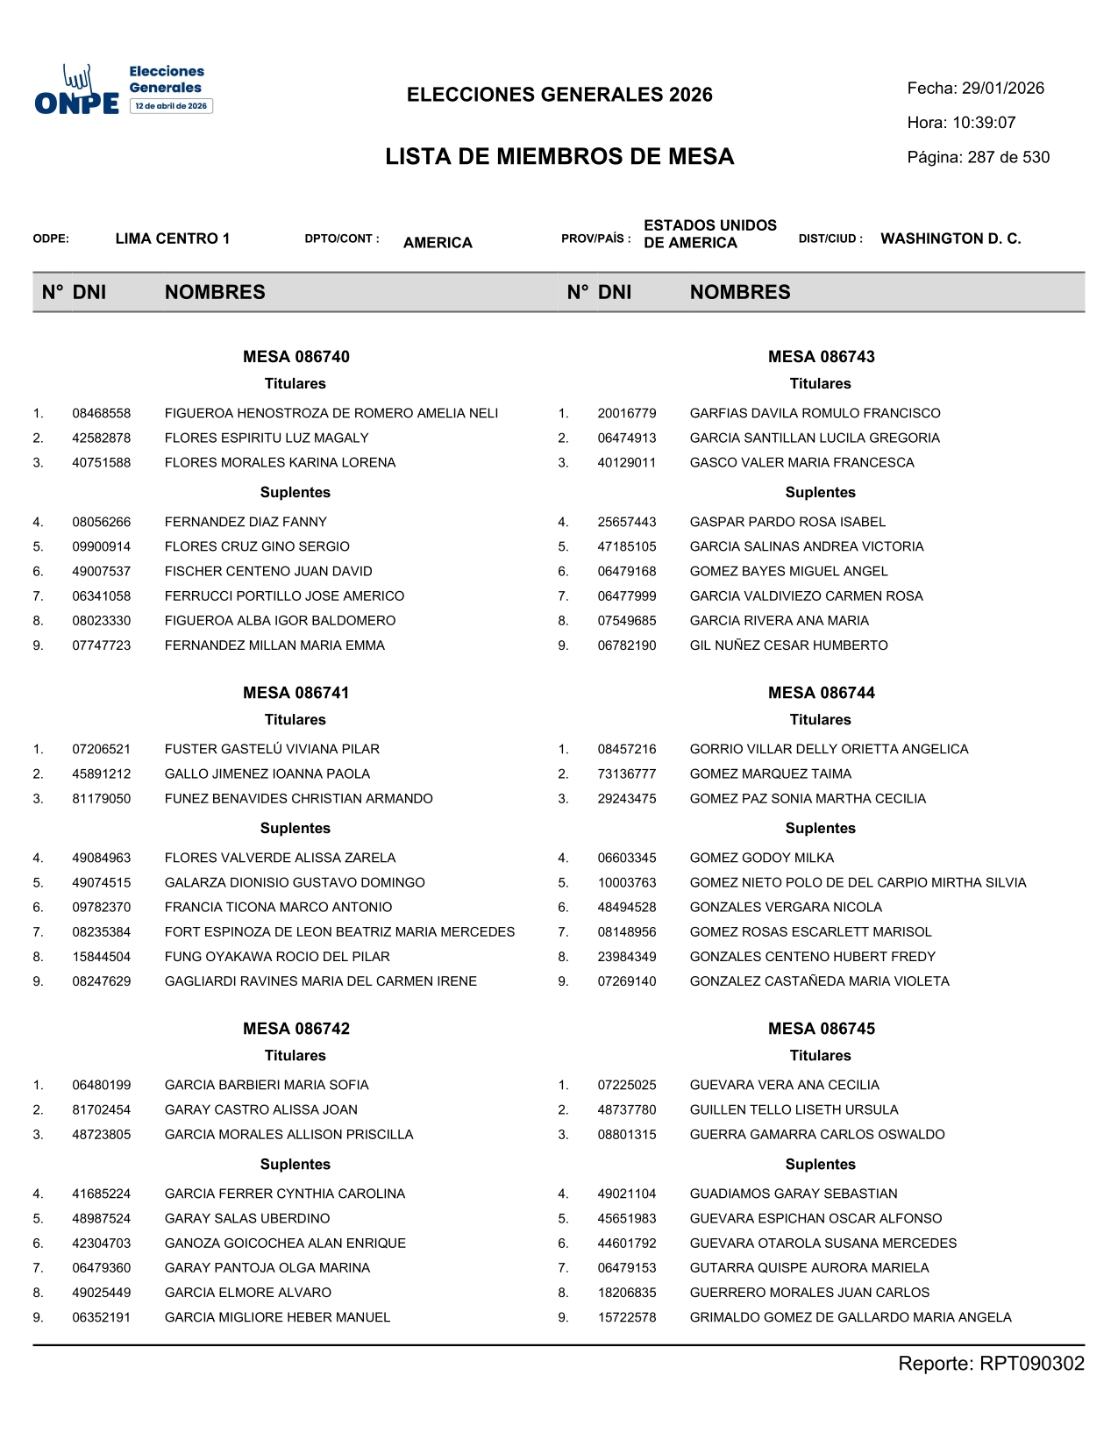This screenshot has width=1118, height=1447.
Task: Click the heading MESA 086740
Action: pos(296,357)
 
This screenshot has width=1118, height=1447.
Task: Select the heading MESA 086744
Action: pos(821,693)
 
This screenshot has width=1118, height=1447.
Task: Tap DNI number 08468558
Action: pos(102,413)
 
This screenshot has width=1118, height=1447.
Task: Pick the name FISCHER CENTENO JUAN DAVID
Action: pos(268,571)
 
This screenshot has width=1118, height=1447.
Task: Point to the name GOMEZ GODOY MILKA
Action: pos(761,858)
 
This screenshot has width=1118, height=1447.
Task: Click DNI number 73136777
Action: pos(627,773)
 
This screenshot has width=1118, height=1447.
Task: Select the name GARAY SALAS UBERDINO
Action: pos(247,1218)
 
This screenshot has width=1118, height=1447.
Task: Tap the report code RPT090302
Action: pos(1031,1364)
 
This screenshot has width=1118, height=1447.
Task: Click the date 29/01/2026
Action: pos(1002,89)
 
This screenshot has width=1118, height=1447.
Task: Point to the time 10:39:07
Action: pos(984,123)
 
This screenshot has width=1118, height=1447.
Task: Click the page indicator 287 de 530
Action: pos(1008,158)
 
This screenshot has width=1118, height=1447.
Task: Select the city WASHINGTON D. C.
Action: pos(951,239)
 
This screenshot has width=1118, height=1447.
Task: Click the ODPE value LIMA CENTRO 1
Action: pos(172,239)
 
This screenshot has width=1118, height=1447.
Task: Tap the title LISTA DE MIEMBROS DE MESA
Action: pos(559,157)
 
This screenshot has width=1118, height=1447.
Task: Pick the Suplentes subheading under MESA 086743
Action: pos(820,493)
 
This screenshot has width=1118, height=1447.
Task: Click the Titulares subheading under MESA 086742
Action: pos(296,1056)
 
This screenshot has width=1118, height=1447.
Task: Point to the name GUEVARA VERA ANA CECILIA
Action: pos(784,1085)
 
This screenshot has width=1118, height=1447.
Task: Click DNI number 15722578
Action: pos(627,1317)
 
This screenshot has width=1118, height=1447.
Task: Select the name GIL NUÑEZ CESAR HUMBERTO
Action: pos(788,645)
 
